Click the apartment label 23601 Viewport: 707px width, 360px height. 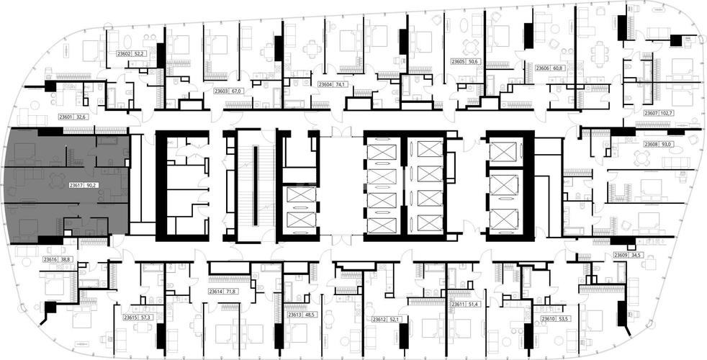[66, 117]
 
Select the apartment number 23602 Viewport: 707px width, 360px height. [124, 53]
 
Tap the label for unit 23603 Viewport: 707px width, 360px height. [222, 91]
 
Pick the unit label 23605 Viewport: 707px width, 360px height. [459, 60]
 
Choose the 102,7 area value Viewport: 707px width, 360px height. [667, 113]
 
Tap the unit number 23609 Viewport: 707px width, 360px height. [621, 256]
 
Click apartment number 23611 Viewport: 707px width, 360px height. [459, 305]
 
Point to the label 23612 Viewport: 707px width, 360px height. [379, 319]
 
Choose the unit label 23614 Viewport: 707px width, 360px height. [217, 292]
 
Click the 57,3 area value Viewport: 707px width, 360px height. [146, 318]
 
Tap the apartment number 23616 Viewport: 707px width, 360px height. [50, 259]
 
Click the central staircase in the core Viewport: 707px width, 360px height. [255, 186]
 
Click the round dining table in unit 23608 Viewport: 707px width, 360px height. [641, 158]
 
